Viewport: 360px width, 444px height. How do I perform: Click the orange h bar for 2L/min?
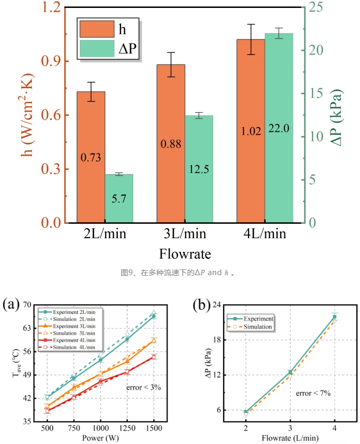tap(91, 157)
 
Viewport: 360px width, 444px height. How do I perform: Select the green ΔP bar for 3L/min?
tap(199, 169)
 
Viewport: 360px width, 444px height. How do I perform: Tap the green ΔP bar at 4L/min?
tap(279, 128)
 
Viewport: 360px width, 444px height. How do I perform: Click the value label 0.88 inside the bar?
tap(171, 144)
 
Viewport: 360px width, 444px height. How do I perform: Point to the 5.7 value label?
tap(119, 199)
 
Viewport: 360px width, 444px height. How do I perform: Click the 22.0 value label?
tap(279, 129)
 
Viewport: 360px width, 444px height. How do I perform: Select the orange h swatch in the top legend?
tap(97, 29)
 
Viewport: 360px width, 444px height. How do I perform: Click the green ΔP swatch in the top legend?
tap(97, 48)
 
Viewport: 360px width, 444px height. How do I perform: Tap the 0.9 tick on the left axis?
tap(51, 61)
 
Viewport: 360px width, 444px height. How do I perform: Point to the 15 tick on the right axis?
tap(316, 93)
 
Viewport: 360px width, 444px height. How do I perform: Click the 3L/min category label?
tap(185, 233)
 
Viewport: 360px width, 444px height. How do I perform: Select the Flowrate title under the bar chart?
tap(185, 253)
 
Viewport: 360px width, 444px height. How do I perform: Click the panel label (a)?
tap(11, 305)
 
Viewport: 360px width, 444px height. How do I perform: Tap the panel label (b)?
tap(201, 305)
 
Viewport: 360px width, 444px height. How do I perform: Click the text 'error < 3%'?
tap(144, 387)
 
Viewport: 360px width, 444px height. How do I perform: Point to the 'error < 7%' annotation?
tap(313, 393)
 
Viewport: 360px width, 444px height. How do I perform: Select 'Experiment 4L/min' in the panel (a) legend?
tap(74, 340)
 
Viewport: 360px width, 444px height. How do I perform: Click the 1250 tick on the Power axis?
tap(127, 428)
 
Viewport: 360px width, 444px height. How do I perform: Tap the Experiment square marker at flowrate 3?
tap(290, 372)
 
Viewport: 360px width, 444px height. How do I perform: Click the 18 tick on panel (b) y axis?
tap(217, 340)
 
